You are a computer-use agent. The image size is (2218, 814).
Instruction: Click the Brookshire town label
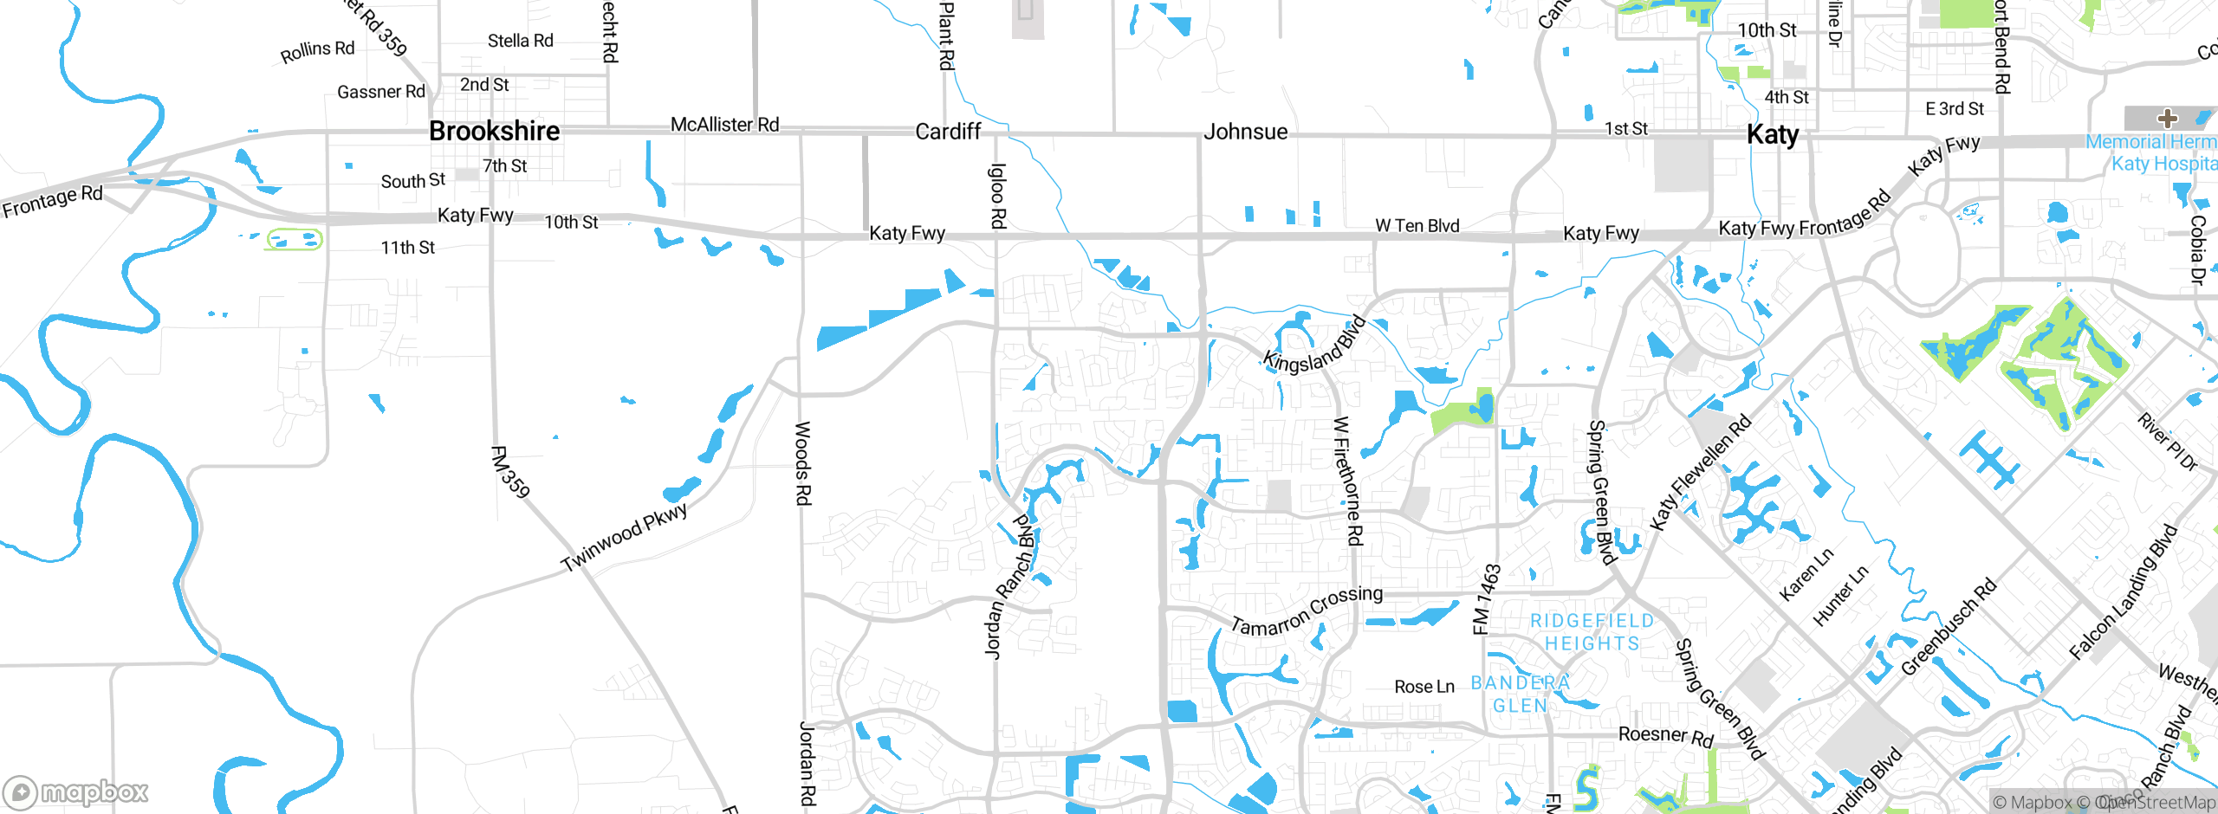pyautogui.click(x=494, y=132)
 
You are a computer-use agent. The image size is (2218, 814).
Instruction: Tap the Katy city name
pyautogui.click(x=1773, y=135)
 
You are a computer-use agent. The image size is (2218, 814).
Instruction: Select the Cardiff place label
pyautogui.click(x=948, y=132)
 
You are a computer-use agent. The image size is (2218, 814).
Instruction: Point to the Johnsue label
pyautogui.click(x=1245, y=132)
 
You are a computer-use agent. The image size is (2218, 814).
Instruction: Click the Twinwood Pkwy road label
pyautogui.click(x=625, y=537)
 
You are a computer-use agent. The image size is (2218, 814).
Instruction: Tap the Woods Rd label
pyautogui.click(x=803, y=463)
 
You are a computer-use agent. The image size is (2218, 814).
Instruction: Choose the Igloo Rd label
pyautogui.click(x=998, y=196)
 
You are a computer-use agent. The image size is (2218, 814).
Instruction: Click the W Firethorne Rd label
pyautogui.click(x=1348, y=481)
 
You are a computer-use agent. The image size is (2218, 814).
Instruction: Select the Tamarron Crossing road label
pyautogui.click(x=1307, y=610)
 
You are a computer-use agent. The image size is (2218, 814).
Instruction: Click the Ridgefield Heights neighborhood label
pyautogui.click(x=1592, y=632)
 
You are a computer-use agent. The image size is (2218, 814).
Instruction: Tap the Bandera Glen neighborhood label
pyautogui.click(x=1521, y=694)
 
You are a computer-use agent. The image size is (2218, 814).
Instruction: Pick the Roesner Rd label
pyautogui.click(x=1666, y=736)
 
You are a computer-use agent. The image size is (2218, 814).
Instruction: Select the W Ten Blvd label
pyautogui.click(x=1417, y=226)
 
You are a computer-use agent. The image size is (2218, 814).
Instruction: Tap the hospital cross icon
pyautogui.click(x=2168, y=119)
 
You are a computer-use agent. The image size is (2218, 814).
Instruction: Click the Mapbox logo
pyautogui.click(x=76, y=791)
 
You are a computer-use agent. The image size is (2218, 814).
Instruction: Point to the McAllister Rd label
pyautogui.click(x=724, y=125)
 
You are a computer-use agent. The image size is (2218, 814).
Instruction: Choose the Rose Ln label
pyautogui.click(x=1424, y=687)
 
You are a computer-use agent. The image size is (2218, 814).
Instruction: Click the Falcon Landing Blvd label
pyautogui.click(x=2123, y=592)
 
